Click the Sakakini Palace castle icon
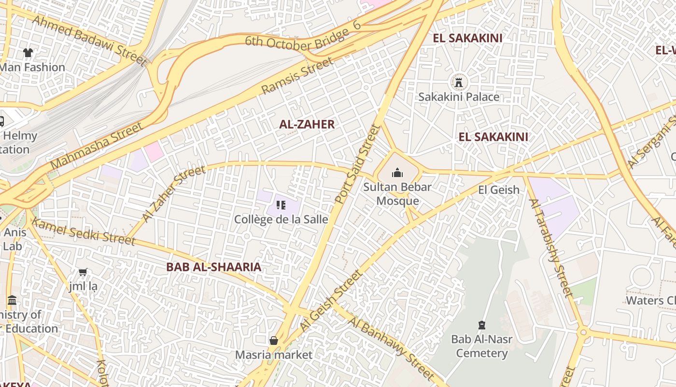click(459, 82)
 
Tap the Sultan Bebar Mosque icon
click(397, 172)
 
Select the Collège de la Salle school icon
click(281, 205)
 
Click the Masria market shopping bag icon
click(274, 341)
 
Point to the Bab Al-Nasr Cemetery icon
click(481, 325)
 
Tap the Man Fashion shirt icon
click(28, 52)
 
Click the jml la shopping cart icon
click(83, 272)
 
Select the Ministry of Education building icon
click(12, 301)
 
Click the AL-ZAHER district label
click(307, 124)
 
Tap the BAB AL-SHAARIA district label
click(213, 267)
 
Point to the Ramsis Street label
click(297, 75)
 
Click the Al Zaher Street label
click(174, 193)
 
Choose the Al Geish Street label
click(331, 300)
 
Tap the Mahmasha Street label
click(97, 146)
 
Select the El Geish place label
click(499, 190)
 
